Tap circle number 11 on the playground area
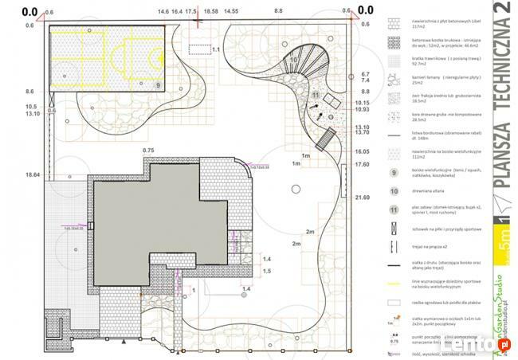click(x=316, y=96)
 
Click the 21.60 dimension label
click(x=363, y=197)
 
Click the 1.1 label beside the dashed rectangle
click(x=215, y=49)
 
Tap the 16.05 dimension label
click(x=363, y=151)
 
